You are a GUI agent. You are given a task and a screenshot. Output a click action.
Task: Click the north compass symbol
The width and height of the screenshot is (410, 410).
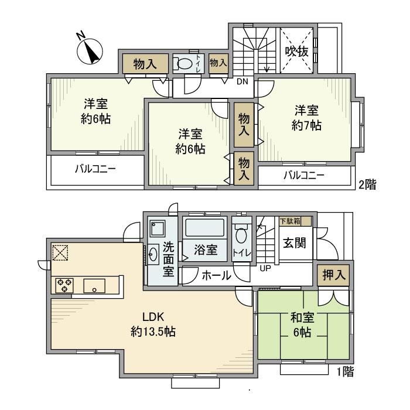tap(90, 50)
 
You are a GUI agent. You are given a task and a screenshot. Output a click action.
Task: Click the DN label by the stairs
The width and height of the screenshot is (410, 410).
tap(242, 81)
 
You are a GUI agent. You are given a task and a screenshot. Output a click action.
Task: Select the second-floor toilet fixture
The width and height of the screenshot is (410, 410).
tap(185, 64)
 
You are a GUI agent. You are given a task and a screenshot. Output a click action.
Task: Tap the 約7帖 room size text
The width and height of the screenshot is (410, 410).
tap(307, 125)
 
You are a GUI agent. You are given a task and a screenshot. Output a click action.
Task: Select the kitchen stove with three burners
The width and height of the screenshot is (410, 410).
tap(64, 285)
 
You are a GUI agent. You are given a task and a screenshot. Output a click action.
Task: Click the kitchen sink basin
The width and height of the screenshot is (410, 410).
tap(94, 286)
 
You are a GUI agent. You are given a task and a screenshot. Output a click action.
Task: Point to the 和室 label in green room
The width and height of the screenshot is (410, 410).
tap(302, 319)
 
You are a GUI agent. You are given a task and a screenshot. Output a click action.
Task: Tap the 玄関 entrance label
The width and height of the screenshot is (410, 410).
tap(295, 243)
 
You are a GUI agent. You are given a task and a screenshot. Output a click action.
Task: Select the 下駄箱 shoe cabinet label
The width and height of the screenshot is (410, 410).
tap(289, 221)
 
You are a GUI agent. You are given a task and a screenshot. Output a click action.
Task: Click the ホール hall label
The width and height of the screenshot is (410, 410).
tap(217, 275)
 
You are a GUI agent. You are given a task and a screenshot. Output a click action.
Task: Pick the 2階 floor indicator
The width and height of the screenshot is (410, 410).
tap(367, 184)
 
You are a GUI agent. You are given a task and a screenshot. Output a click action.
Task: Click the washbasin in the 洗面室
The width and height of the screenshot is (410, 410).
tap(153, 253)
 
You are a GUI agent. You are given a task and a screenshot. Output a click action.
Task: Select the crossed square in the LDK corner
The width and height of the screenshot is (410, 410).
tap(61, 252)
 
